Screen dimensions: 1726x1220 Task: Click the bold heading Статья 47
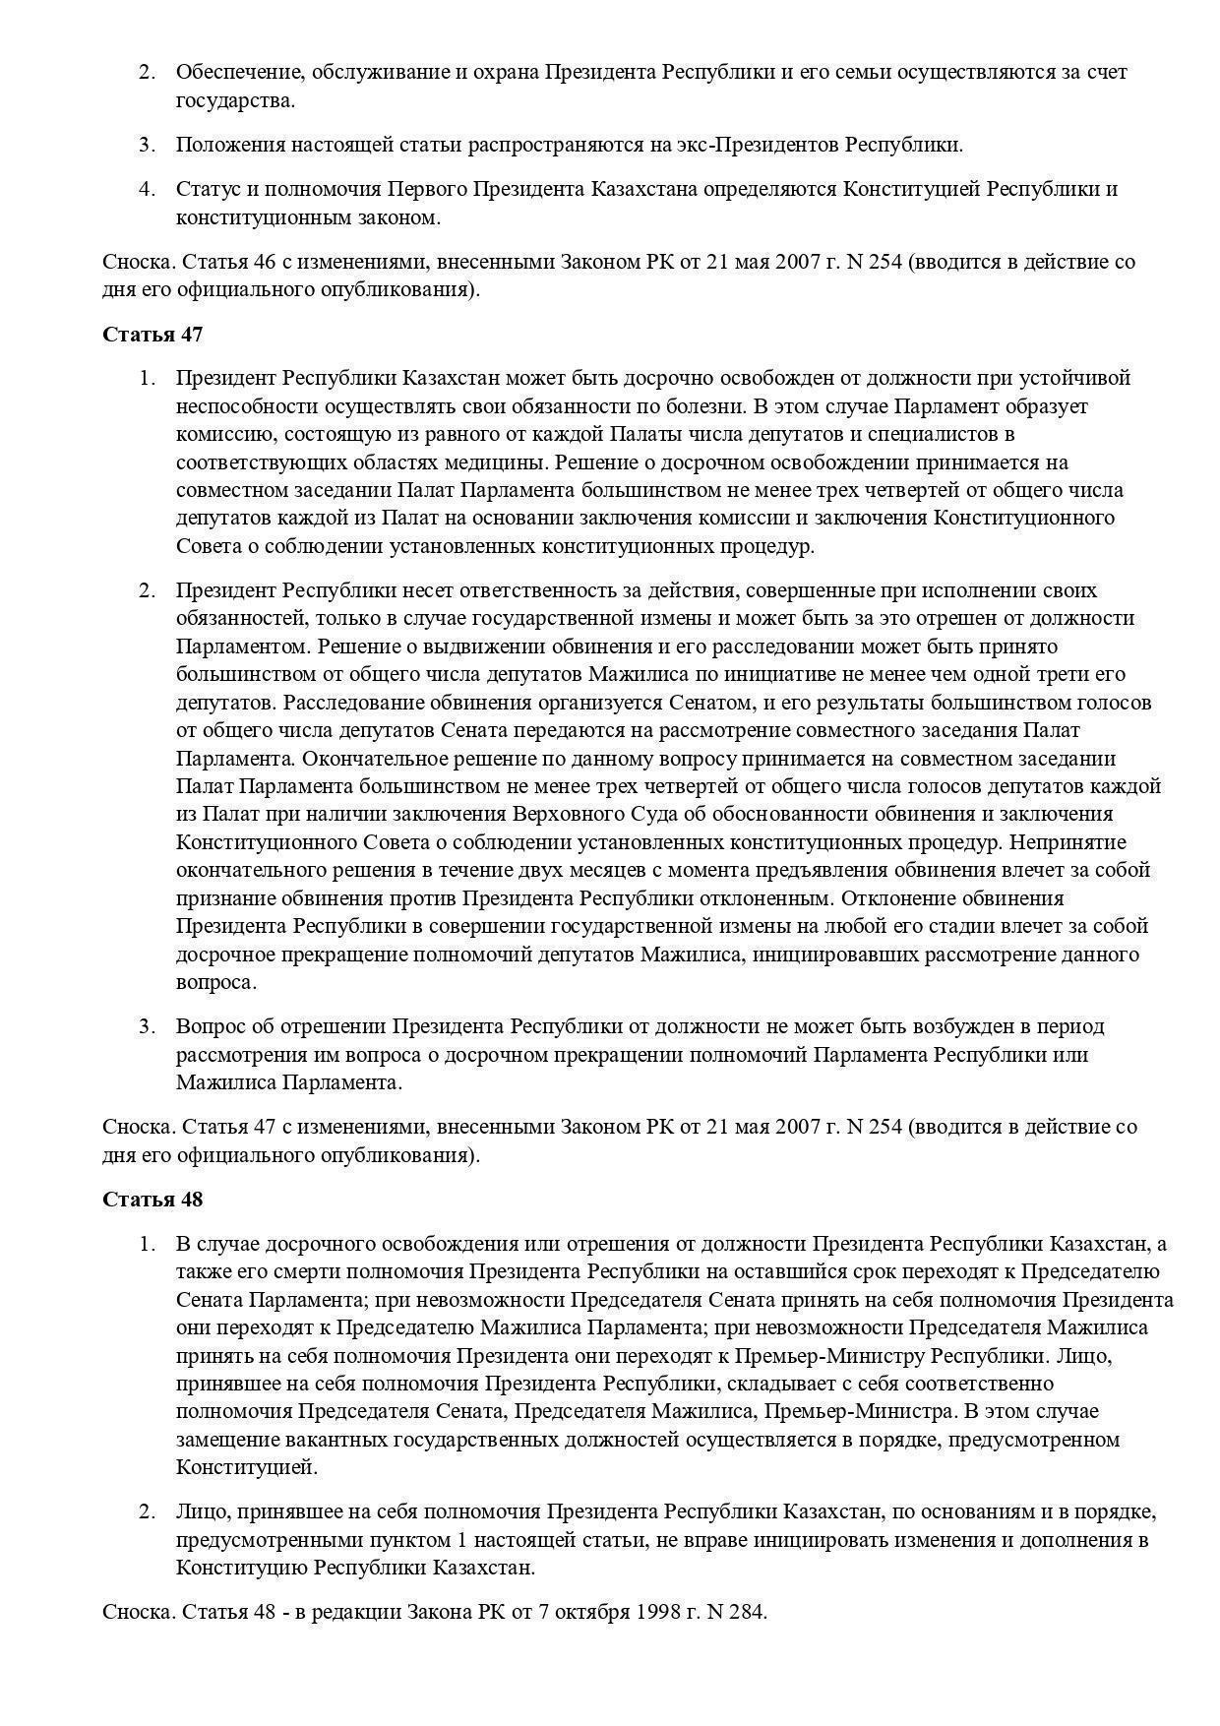(152, 335)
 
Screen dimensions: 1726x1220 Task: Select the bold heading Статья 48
(152, 1200)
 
